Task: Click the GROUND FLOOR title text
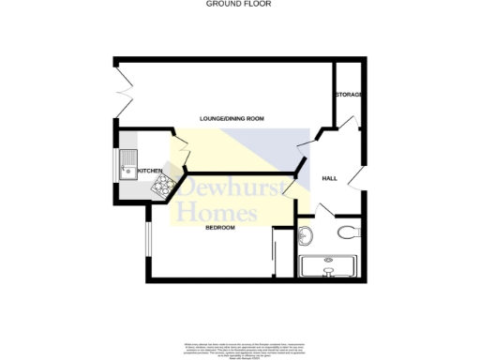(x=239, y=4)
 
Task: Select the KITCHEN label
(x=150, y=171)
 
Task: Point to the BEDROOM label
(x=219, y=228)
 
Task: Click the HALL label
(x=330, y=178)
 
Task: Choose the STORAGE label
(x=349, y=96)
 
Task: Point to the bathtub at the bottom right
(x=327, y=266)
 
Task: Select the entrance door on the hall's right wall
(x=353, y=178)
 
